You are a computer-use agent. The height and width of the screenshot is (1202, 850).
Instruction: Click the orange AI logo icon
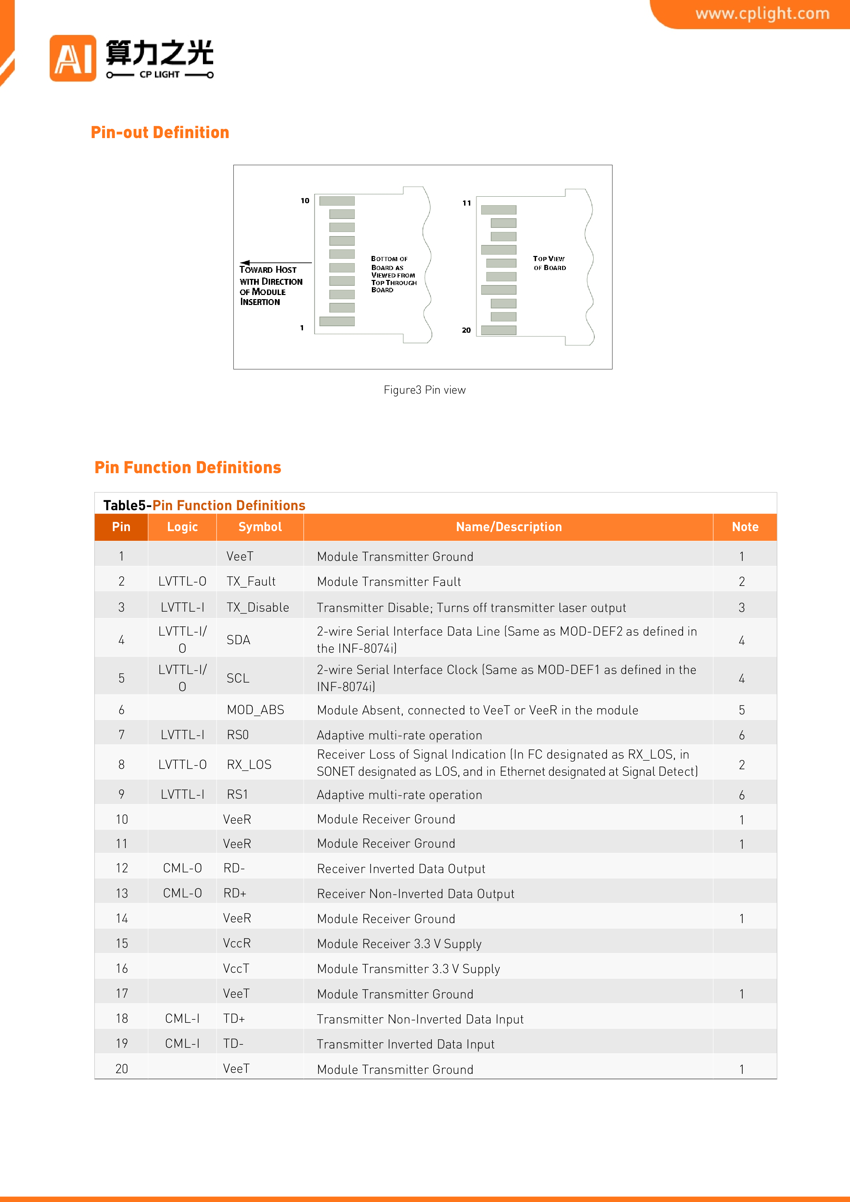tap(73, 58)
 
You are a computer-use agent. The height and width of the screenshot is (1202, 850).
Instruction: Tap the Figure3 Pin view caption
tap(424, 390)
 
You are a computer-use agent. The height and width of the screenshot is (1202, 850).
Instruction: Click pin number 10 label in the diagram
tap(305, 200)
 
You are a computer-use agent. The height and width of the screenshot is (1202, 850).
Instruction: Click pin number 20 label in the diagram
tap(466, 330)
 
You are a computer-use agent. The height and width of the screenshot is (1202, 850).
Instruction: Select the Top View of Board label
tap(549, 263)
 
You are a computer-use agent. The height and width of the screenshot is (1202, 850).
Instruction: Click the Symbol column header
tap(260, 527)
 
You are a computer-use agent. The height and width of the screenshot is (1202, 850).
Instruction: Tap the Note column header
tap(745, 527)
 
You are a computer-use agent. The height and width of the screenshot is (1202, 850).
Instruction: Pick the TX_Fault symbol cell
tap(251, 581)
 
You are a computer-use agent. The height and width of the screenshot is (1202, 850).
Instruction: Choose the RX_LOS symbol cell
tap(249, 765)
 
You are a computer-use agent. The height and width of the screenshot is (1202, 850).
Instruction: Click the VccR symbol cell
tap(237, 943)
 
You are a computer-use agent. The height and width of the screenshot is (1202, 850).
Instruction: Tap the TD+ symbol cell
tap(234, 1019)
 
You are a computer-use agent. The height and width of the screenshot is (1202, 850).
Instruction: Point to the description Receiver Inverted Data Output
tap(401, 869)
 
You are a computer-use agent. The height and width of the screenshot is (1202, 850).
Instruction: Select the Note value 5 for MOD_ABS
tap(742, 710)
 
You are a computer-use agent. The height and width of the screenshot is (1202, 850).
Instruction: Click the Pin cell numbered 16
tap(122, 969)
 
